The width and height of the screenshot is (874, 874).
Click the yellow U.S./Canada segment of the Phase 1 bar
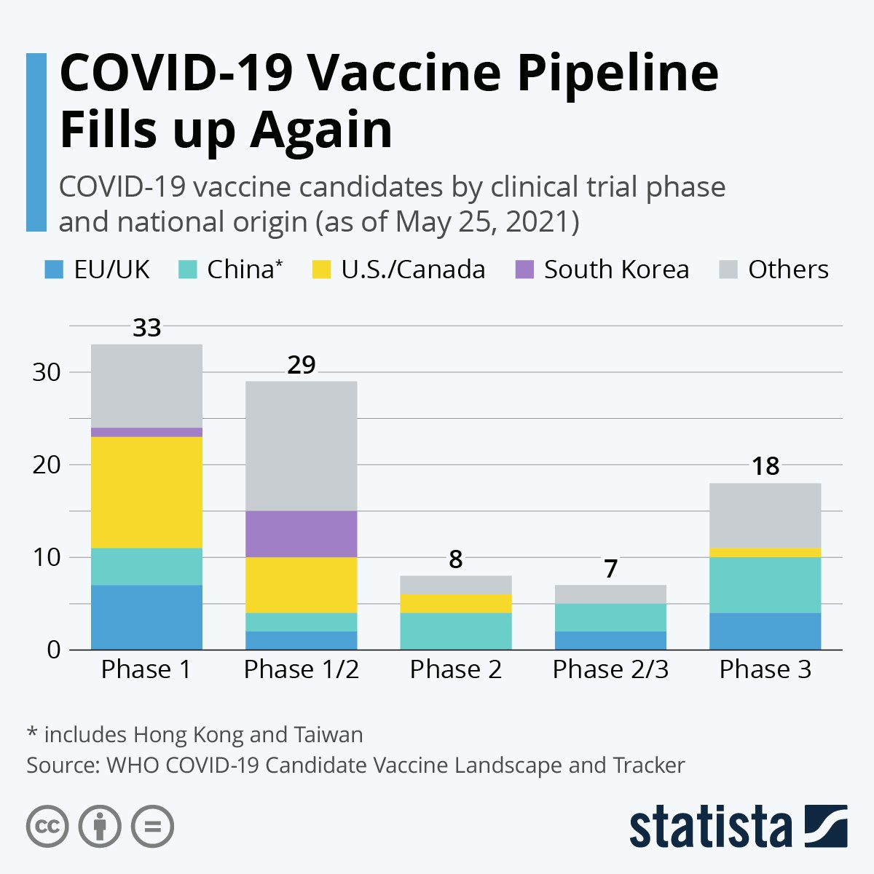146,492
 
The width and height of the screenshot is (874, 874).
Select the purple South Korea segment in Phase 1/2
302,534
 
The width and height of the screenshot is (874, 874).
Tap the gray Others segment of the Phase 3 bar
765,515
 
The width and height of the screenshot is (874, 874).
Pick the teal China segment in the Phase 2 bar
456,631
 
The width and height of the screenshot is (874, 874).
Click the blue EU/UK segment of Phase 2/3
610,640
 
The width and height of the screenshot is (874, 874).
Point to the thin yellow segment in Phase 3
765,553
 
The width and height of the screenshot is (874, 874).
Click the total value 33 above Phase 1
146,328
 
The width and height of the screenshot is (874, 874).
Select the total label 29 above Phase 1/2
302,365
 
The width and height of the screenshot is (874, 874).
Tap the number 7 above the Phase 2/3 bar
610,569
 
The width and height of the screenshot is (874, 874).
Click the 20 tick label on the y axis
45,465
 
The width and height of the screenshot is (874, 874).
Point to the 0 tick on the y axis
53,650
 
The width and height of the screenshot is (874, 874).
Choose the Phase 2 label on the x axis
456,669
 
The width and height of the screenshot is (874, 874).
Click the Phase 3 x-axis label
765,669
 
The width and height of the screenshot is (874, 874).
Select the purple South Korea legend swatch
524,269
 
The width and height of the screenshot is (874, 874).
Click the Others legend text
788,269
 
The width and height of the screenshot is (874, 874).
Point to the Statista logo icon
825,826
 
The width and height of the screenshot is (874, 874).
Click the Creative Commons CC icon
47,827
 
